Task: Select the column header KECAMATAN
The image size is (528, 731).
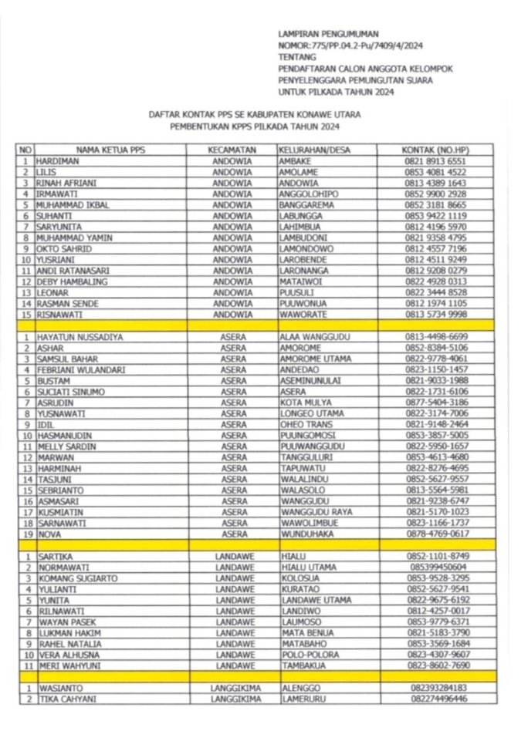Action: coord(232,149)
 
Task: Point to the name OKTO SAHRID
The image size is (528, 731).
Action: coord(59,249)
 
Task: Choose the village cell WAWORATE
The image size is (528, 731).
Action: coord(303,315)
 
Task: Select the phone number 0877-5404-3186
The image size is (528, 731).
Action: coord(437,403)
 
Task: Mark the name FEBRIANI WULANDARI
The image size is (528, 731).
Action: coord(80,370)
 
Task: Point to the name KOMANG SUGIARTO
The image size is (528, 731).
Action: coord(76,578)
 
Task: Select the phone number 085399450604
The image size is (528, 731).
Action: coord(437,567)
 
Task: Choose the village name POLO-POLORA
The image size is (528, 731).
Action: coord(310,654)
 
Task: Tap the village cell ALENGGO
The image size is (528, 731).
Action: coord(300,687)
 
